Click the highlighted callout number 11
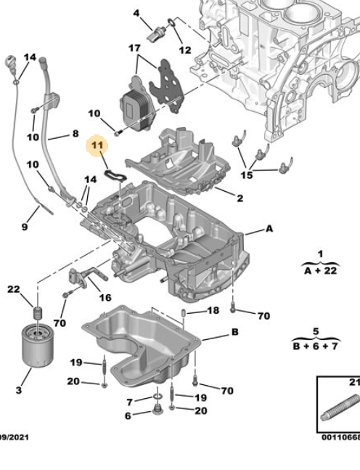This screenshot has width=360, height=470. click(x=97, y=145)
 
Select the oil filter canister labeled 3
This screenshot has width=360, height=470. click(x=38, y=346)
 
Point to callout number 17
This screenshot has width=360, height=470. click(x=134, y=48)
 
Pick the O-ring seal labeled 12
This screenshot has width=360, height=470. click(x=172, y=22)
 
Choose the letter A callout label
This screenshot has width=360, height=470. click(x=269, y=229)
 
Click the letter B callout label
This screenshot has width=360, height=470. click(x=235, y=332)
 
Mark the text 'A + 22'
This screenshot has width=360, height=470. click(x=321, y=271)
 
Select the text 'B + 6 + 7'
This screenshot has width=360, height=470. click(x=316, y=347)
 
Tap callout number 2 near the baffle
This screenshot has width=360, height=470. click(x=240, y=198)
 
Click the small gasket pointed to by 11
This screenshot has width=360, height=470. click(x=115, y=176)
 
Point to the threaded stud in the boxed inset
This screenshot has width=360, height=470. click(x=340, y=408)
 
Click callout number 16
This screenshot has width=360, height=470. click(x=105, y=297)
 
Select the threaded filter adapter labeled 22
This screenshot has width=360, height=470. click(x=38, y=314)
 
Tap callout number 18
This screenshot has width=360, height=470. click(x=213, y=310)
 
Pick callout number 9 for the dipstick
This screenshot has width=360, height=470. click(x=25, y=227)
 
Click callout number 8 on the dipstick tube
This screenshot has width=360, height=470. click(x=75, y=134)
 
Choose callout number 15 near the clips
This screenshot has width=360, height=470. click(x=247, y=175)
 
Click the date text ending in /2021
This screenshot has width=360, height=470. click(x=14, y=437)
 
